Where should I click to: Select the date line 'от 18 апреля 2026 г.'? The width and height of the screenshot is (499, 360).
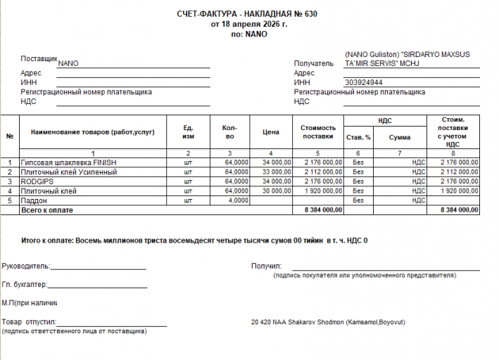249,24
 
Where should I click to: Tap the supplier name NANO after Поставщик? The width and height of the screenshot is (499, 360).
68,63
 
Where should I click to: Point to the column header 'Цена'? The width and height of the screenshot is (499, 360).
271,132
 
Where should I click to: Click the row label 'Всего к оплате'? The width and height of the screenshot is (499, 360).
47,210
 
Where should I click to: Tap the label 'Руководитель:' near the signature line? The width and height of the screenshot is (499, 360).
26,266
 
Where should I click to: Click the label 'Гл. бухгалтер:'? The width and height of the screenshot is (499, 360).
25,285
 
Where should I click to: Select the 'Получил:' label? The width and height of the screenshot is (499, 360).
266,266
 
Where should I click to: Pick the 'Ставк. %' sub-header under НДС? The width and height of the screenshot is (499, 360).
358,137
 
